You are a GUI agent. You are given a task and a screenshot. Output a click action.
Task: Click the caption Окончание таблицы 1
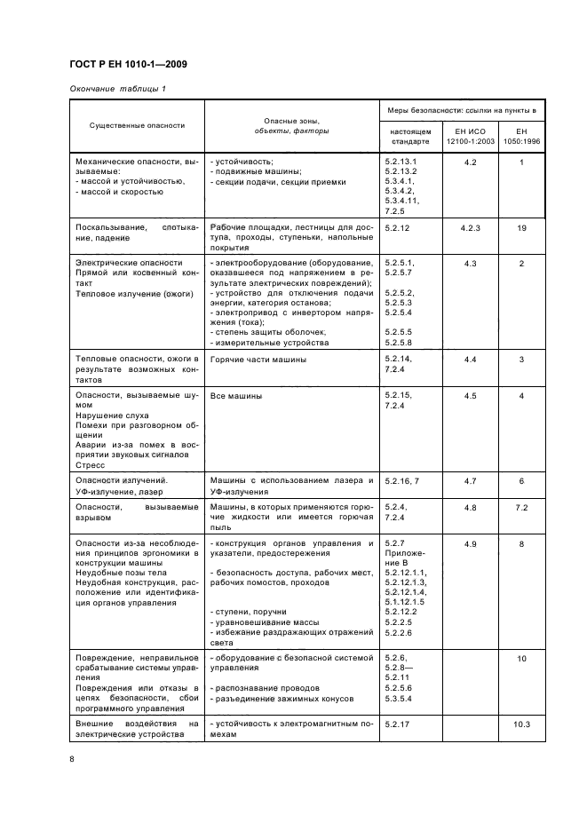click(x=117, y=89)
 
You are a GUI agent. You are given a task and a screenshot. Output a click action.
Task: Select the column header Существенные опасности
click(x=137, y=126)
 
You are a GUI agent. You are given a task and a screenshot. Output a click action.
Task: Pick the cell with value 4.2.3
click(x=471, y=228)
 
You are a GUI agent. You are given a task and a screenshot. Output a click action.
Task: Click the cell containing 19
click(x=522, y=228)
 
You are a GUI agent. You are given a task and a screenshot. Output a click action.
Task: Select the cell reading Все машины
click(x=235, y=396)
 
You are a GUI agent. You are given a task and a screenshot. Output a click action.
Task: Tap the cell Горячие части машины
click(x=258, y=359)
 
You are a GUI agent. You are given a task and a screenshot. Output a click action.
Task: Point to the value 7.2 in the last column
click(x=522, y=506)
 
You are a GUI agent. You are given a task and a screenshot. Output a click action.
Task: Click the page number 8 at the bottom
click(x=73, y=757)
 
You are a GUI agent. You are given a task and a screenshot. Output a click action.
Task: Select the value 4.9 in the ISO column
click(x=471, y=542)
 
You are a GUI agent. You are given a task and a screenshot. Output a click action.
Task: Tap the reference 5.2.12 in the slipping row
click(x=399, y=228)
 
